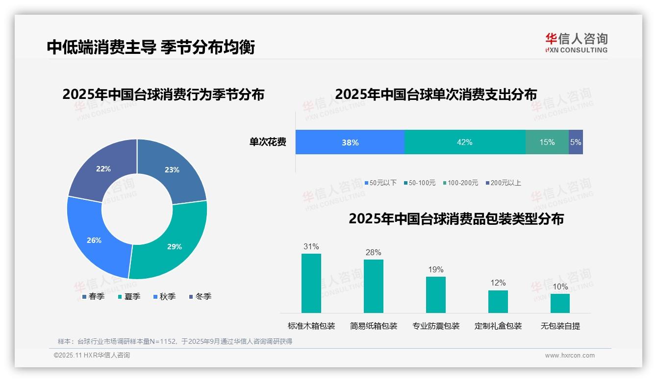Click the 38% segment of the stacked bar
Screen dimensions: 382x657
[350, 143]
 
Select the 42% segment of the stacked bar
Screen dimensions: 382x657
[464, 143]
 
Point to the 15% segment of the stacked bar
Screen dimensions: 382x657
[547, 143]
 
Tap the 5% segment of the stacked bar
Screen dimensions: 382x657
[576, 143]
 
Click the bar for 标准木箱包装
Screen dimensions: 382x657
[311, 283]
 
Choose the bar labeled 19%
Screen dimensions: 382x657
[435, 294]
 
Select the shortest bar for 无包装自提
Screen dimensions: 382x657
[560, 303]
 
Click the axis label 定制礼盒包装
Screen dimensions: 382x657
[498, 326]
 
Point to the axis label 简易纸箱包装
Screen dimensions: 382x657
[374, 326]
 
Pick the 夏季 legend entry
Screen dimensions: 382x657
[129, 297]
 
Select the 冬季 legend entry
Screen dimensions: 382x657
[200, 297]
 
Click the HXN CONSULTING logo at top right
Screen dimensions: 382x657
[576, 43]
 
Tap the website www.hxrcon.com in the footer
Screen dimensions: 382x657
[570, 356]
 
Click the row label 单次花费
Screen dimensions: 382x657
[268, 143]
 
